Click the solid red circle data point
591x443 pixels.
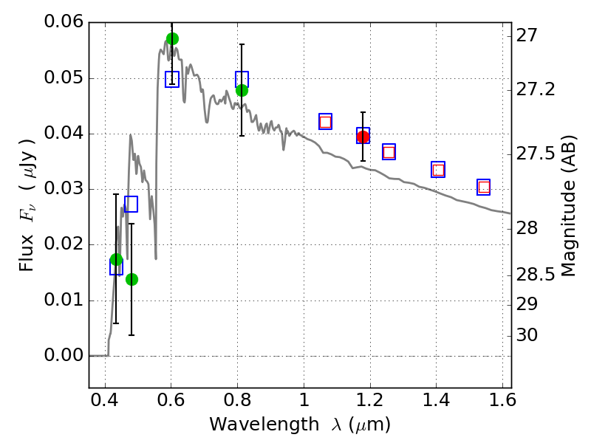(363, 137)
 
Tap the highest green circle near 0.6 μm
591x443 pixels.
(172, 38)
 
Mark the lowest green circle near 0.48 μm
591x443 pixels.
(131, 279)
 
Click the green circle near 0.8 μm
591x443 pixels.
(242, 90)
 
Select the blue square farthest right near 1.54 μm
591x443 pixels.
(484, 188)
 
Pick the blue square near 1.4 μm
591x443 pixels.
(438, 170)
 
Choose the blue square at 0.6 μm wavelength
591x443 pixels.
(172, 79)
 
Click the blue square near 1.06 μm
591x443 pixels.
(325, 122)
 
